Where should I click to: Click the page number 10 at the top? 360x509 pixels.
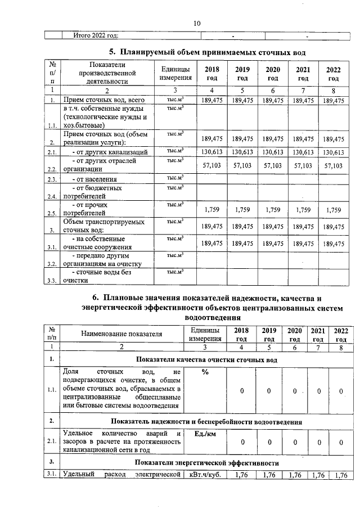click(197, 24)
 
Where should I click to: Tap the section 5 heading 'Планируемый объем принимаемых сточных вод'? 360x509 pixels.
click(207, 52)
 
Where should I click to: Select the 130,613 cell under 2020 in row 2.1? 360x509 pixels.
click(273, 152)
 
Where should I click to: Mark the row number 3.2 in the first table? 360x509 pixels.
click(52, 263)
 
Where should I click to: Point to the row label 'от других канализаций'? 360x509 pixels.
click(110, 152)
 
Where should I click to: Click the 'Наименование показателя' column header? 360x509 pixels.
click(121, 334)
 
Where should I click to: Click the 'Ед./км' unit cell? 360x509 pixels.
click(205, 433)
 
